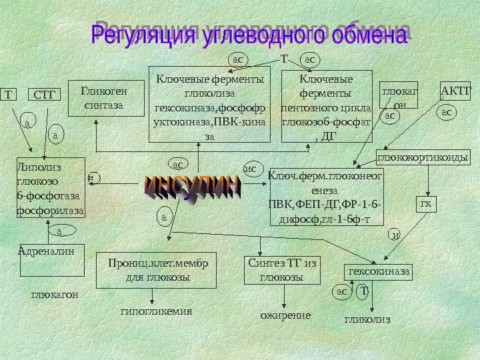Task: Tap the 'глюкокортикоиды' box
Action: point(423,158)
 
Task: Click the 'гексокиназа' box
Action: point(379,272)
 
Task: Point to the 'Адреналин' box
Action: point(50,261)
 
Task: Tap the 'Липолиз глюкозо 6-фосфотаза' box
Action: point(51,188)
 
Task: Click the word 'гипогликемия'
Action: point(156,311)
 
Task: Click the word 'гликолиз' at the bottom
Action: point(367,320)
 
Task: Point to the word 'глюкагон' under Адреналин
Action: point(55,293)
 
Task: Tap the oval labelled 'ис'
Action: point(251,169)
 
